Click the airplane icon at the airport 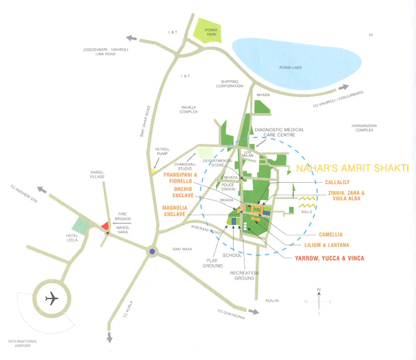[52, 298]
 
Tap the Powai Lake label [291, 68]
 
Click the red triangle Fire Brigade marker [105, 225]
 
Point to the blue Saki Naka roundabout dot [152, 252]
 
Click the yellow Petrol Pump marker [153, 171]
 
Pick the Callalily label [337, 182]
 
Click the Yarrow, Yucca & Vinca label [330, 258]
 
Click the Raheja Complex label [189, 109]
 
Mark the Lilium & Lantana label [327, 245]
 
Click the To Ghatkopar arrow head [255, 311]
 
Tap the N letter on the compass [319, 290]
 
